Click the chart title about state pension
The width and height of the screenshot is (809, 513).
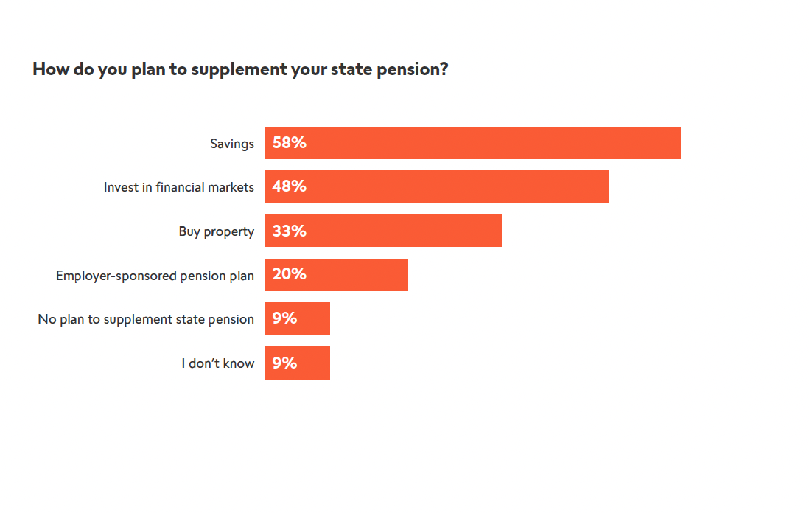(240, 70)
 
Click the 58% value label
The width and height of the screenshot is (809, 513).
(289, 143)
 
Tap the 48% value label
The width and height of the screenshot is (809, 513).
(289, 186)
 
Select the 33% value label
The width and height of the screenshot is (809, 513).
(289, 231)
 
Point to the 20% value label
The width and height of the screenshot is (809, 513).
(289, 275)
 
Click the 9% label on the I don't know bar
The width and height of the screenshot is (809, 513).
(284, 363)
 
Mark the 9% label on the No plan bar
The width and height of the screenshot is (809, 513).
(284, 318)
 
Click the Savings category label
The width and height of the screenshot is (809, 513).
(231, 144)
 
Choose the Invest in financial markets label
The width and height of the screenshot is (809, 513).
(178, 187)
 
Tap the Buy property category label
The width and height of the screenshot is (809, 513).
(216, 231)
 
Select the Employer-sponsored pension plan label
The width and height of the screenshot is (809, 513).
(155, 276)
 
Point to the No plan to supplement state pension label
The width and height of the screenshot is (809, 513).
(146, 319)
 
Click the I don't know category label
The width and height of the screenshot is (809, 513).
(218, 363)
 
